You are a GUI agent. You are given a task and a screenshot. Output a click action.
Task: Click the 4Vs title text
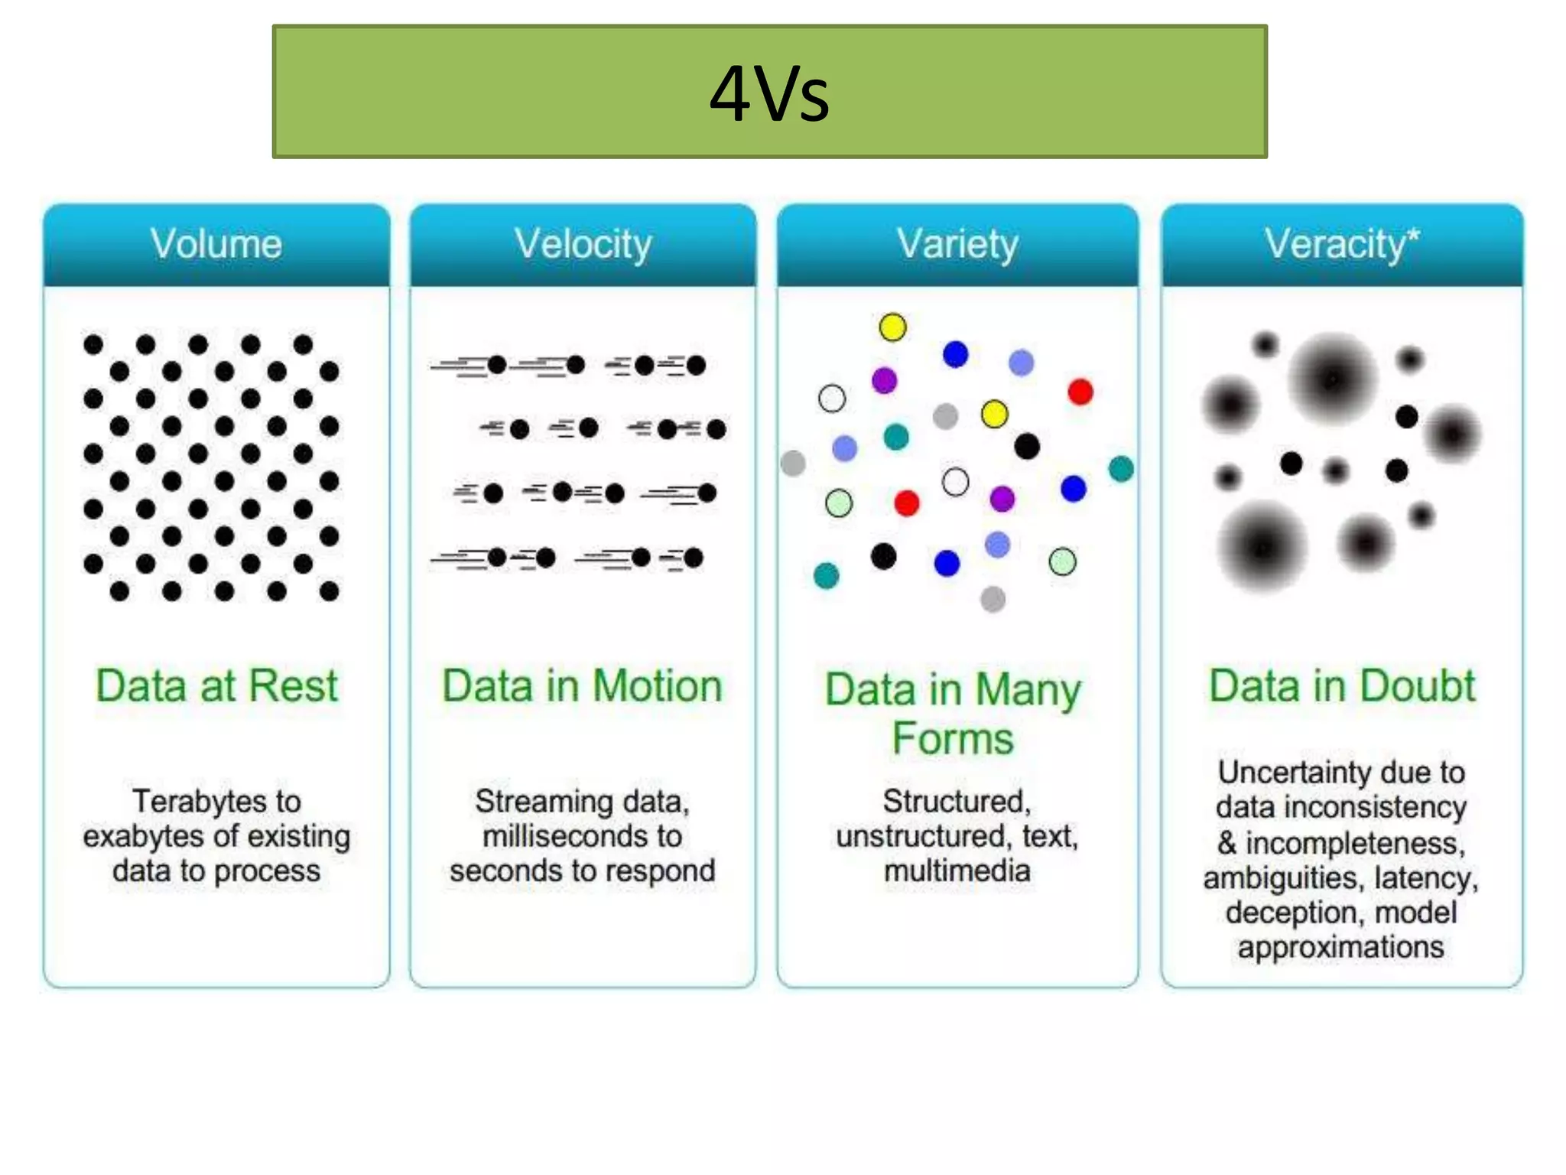(769, 93)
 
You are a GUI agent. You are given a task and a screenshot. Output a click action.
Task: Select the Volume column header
(216, 244)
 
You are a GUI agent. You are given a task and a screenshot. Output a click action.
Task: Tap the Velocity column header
(583, 244)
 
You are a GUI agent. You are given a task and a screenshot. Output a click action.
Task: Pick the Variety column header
(957, 244)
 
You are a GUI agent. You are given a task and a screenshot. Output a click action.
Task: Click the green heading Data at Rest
(216, 685)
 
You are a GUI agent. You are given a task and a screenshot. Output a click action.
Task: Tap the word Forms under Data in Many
(953, 739)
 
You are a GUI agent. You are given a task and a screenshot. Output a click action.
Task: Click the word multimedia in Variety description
(957, 871)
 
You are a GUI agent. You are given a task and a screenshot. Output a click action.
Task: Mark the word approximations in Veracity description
(1341, 947)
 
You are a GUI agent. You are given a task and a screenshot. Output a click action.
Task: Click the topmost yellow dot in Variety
(892, 327)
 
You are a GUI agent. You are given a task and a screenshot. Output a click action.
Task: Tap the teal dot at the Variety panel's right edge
(1120, 469)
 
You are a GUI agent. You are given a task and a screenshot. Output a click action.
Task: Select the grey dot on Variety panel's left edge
(793, 463)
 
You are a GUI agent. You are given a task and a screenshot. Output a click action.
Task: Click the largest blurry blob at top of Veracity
(1333, 379)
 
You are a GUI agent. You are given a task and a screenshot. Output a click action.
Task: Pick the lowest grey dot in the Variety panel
(993, 598)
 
